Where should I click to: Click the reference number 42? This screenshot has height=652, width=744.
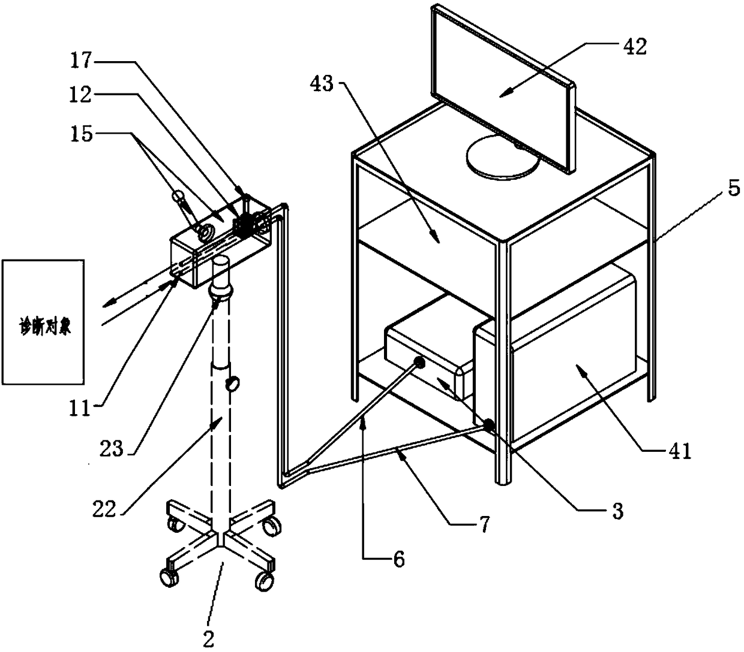click(x=635, y=47)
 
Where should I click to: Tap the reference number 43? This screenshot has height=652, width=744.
click(x=322, y=84)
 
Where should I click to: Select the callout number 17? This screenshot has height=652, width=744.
click(x=81, y=60)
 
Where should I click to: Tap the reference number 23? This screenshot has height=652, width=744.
click(x=111, y=448)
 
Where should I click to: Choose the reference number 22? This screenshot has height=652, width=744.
click(x=104, y=509)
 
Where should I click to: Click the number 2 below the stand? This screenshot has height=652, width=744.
click(x=208, y=639)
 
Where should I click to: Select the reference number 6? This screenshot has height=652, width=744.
click(x=399, y=559)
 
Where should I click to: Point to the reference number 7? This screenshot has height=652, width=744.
click(x=484, y=524)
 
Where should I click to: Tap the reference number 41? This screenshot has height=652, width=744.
click(x=680, y=451)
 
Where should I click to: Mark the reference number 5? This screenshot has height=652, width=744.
click(x=733, y=189)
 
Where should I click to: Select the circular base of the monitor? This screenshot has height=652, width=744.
click(x=502, y=157)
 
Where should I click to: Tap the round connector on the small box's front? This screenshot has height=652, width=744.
click(x=419, y=363)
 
